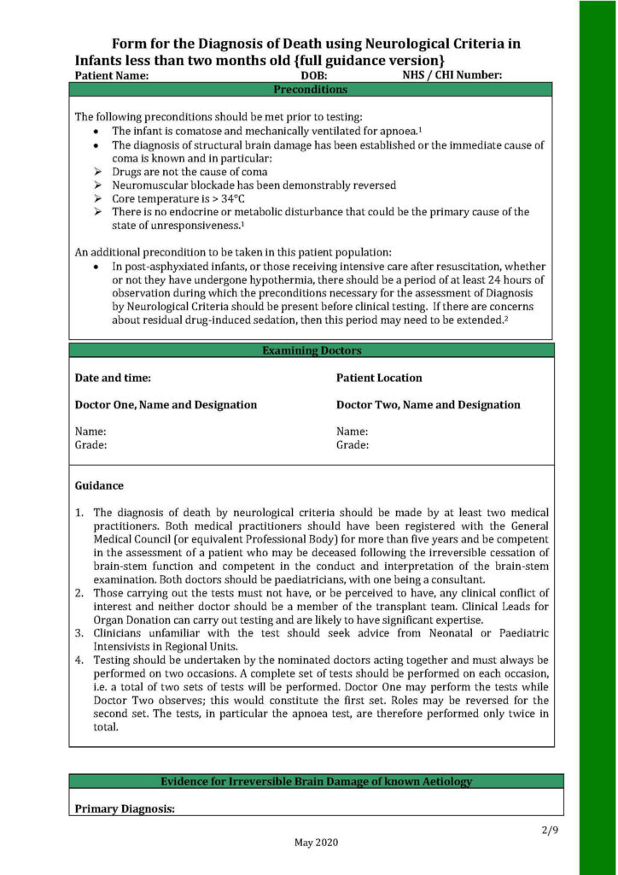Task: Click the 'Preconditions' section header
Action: click(x=310, y=89)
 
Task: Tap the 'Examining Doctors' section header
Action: click(x=311, y=350)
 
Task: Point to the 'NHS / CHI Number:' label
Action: click(x=452, y=75)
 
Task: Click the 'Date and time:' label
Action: click(x=114, y=378)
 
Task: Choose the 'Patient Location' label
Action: click(x=379, y=378)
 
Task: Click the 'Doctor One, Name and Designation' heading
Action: click(x=166, y=404)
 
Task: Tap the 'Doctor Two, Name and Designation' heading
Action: click(x=428, y=404)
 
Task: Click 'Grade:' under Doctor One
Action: click(x=91, y=444)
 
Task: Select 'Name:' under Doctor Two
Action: click(x=352, y=432)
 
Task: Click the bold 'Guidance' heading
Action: click(x=99, y=485)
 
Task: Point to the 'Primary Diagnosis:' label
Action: click(x=125, y=808)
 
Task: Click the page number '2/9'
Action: click(x=549, y=830)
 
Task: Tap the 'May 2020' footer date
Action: click(x=317, y=843)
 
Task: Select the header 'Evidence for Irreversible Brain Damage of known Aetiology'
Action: click(x=316, y=781)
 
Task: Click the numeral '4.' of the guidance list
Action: click(x=79, y=661)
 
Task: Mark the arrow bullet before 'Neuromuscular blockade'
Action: click(x=97, y=185)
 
